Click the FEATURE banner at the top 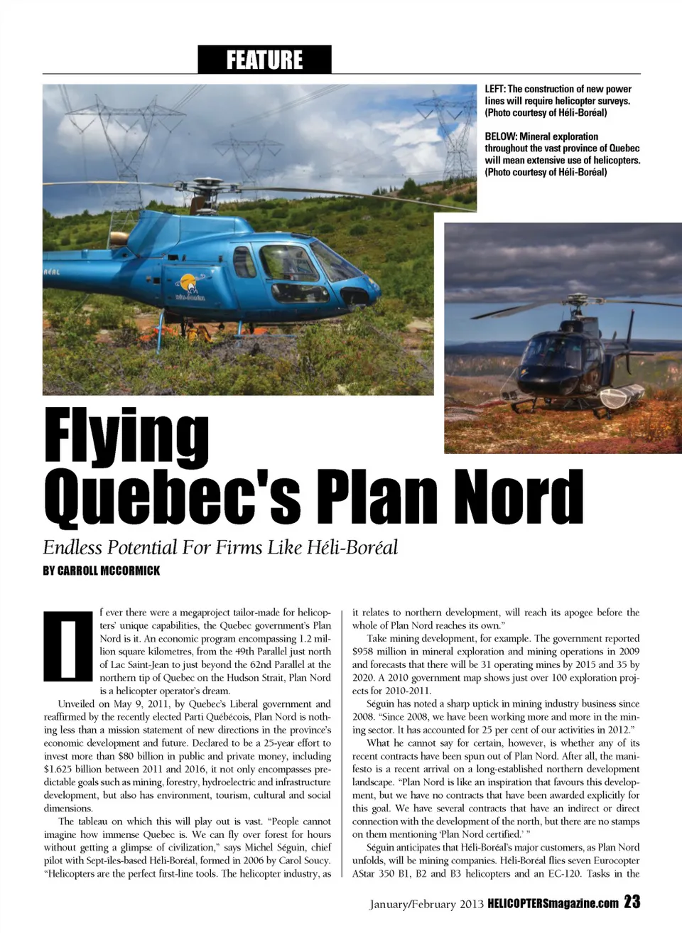point(264,60)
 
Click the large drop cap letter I point(68,645)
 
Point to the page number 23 point(632,902)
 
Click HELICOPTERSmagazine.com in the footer point(553,904)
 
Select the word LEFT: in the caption point(495,89)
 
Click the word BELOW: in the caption point(501,136)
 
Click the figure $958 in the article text point(367,652)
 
